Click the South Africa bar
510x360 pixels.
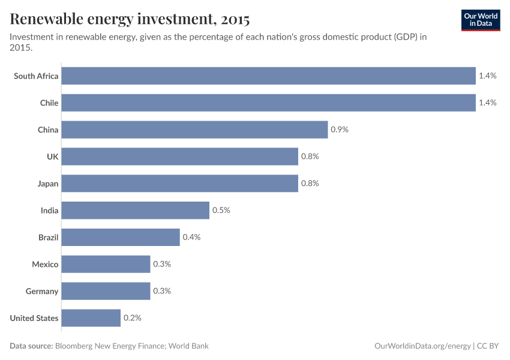click(x=268, y=76)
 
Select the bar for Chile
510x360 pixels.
click(x=268, y=103)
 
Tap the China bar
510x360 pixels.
click(x=194, y=130)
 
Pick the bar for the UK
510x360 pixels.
click(x=179, y=157)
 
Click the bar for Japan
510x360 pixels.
click(x=179, y=184)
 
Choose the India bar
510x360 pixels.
click(x=135, y=211)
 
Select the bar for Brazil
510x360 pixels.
click(x=120, y=237)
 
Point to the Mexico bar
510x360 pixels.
click(x=106, y=264)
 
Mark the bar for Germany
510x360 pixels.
click(x=106, y=291)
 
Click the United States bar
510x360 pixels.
click(x=91, y=318)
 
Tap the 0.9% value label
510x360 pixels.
click(x=340, y=130)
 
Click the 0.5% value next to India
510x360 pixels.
click(x=221, y=211)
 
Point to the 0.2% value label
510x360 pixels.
click(x=132, y=318)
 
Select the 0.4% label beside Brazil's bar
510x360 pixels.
click(x=191, y=237)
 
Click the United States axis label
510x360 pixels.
click(x=34, y=318)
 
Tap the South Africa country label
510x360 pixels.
click(x=36, y=76)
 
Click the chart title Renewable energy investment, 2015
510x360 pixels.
click(x=130, y=20)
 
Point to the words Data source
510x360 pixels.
click(x=31, y=346)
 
